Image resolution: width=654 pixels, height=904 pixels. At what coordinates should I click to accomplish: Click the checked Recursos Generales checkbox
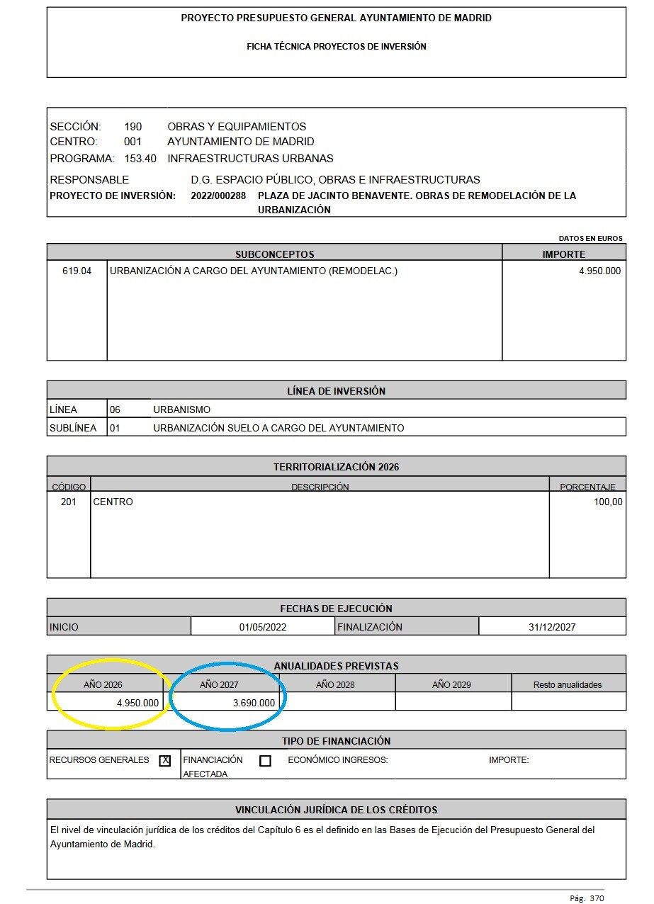pos(165,761)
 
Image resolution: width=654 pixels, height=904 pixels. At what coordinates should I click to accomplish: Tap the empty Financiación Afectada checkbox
pos(265,761)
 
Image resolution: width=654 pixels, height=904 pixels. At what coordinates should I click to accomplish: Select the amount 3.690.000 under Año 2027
pos(254,703)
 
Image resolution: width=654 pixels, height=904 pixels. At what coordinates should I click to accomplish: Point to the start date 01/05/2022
pos(263,627)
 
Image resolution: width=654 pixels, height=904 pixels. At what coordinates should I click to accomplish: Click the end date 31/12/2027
pos(552,627)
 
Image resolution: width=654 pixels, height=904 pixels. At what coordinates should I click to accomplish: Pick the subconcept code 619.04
pos(77,271)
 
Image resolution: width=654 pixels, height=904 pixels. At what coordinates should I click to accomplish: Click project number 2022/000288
pos(218,196)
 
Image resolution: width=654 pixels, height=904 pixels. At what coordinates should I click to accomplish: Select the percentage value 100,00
pos(608,502)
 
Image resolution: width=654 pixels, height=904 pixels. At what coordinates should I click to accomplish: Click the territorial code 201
pos(69,502)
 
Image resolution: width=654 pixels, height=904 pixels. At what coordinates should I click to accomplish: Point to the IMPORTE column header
pos(564,254)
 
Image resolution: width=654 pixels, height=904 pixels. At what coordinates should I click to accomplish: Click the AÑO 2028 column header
pos(335,685)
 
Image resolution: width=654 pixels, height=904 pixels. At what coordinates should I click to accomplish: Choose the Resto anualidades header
pos(568,685)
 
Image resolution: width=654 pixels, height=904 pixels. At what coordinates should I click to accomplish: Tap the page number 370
pos(597,898)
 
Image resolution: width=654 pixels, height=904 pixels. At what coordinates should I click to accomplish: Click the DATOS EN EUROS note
pos(590,239)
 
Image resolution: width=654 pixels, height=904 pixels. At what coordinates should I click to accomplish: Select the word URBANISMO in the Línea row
pos(181,409)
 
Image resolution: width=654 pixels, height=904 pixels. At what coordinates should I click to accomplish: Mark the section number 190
pos(133,127)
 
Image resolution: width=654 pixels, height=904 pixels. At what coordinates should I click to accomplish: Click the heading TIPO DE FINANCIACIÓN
pos(336,741)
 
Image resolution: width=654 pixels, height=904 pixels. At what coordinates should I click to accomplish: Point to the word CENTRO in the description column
pos(113,502)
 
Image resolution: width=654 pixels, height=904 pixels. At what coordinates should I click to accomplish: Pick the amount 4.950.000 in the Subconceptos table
pos(599,271)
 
